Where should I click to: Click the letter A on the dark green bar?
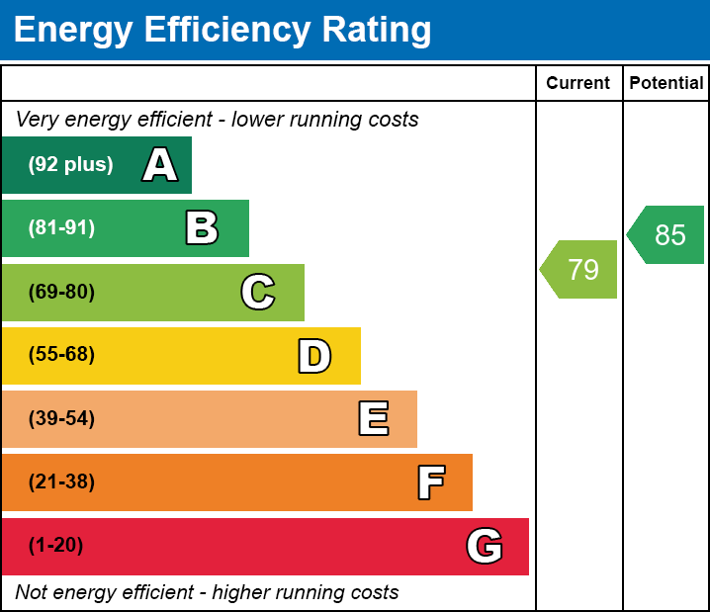[160, 165]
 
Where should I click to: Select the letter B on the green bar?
[202, 228]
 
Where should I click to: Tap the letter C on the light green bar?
[257, 293]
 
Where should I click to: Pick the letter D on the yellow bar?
[314, 356]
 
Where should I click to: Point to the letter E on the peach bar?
[373, 419]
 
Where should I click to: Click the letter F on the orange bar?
[430, 482]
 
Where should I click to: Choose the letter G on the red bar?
[485, 546]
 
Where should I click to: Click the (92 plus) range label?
[70, 165]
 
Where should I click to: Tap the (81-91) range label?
[61, 228]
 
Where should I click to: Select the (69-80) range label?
[61, 293]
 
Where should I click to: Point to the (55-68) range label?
[61, 355]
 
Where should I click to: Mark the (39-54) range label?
[61, 419]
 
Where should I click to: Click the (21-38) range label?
[61, 482]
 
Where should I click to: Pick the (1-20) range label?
[56, 546]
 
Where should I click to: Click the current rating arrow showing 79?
[580, 269]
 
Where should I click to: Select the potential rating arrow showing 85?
[667, 235]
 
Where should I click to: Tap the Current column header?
[578, 84]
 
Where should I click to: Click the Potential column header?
[666, 84]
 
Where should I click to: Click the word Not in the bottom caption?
[31, 593]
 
